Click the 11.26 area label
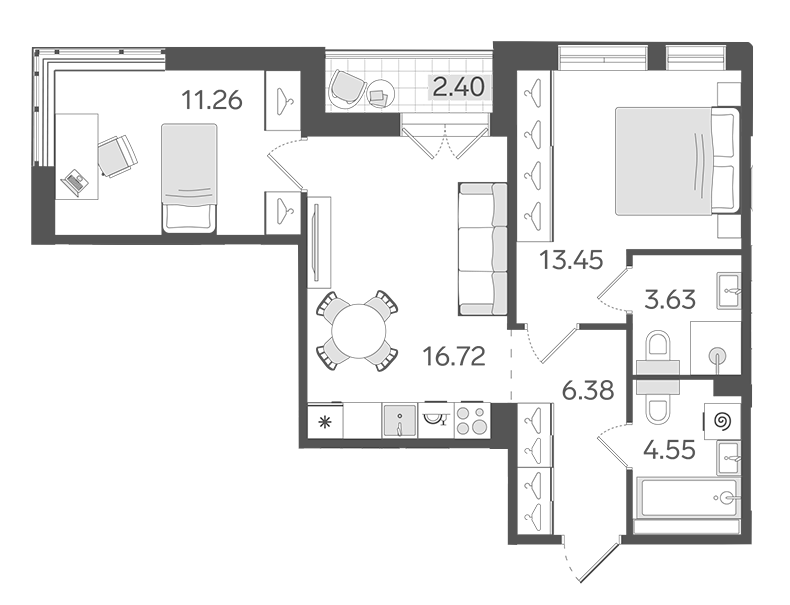pos(212,100)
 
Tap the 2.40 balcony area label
pos(458,87)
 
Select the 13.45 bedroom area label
pos(571,260)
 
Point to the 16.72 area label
pos(454,356)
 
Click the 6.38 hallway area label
pos(588,390)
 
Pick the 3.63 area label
pos(670,299)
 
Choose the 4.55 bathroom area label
pos(670,449)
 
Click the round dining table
pos(358,331)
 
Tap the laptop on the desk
pos(74,182)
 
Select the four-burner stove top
pos(472,420)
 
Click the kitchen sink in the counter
pos(400,420)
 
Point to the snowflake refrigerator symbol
pos(325,421)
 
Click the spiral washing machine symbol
pos(723,421)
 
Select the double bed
pos(677,161)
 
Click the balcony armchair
pos(348,89)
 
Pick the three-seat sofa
pos(483,249)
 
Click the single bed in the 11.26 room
pos(189,178)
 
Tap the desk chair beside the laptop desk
pos(117,156)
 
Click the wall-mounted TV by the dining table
pos(316,241)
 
